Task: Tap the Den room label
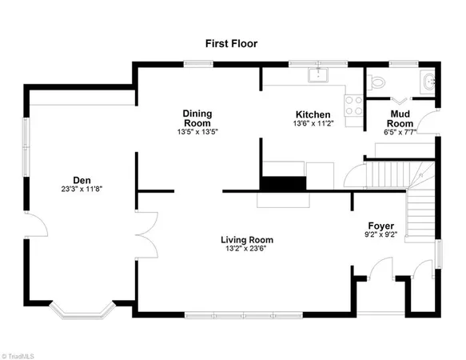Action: (x=82, y=180)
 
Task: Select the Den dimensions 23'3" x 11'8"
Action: (x=82, y=190)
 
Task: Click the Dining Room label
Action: (x=197, y=118)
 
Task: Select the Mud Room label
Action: (x=400, y=118)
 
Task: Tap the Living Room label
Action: (x=247, y=239)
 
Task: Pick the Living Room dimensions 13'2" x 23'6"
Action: (x=247, y=249)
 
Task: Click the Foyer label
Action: (x=380, y=226)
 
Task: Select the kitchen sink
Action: (x=321, y=74)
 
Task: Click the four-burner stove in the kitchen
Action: (x=352, y=106)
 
